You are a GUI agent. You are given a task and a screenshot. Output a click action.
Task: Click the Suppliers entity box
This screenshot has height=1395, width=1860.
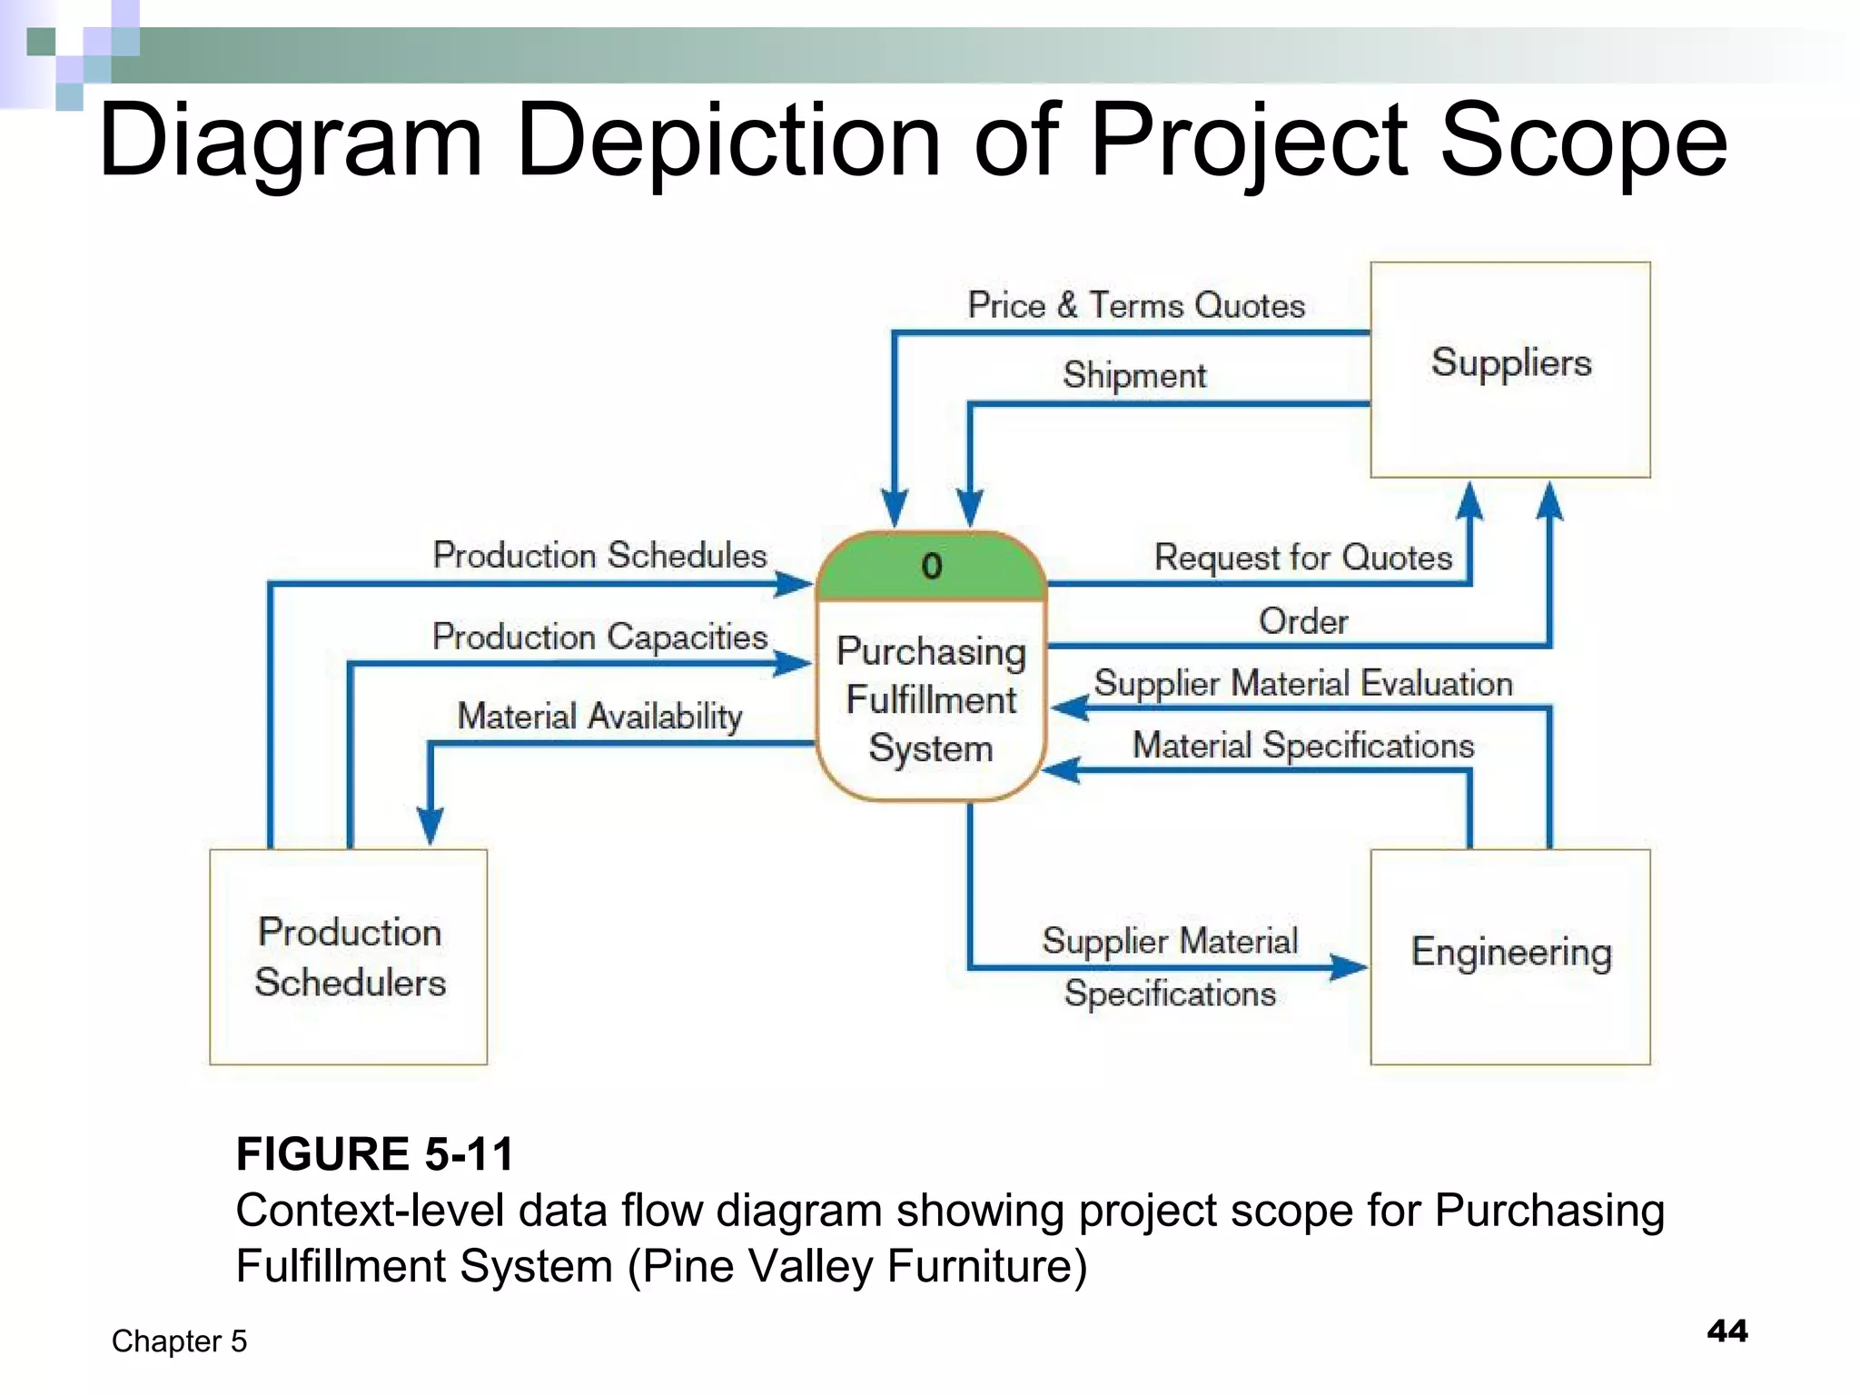click(1509, 369)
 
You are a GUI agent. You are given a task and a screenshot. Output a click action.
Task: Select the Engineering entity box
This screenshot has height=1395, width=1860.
click(1509, 955)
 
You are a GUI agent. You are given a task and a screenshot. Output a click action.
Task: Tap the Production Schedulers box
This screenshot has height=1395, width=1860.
click(349, 956)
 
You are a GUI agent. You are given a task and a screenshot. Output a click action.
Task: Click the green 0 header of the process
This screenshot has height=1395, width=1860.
click(932, 567)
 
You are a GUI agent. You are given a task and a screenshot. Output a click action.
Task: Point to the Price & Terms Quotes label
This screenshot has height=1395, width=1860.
click(1135, 305)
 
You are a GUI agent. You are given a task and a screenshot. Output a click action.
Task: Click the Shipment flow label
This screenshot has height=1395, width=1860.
click(1134, 375)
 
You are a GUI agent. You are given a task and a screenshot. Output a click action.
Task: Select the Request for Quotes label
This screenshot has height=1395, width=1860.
click(1302, 557)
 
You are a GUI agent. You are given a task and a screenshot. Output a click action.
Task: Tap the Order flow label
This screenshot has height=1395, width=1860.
click(1303, 621)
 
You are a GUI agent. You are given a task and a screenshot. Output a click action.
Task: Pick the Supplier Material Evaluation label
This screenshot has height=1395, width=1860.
click(1302, 683)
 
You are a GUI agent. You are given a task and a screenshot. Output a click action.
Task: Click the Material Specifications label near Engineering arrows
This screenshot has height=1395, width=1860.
click(1302, 745)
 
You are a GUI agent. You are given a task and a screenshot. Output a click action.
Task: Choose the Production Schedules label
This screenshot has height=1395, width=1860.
click(599, 555)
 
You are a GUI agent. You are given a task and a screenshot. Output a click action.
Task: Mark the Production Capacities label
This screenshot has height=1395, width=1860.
click(599, 636)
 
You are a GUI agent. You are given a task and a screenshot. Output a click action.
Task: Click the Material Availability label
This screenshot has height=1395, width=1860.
click(599, 716)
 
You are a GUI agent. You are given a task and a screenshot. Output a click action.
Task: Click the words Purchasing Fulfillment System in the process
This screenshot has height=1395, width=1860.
click(931, 699)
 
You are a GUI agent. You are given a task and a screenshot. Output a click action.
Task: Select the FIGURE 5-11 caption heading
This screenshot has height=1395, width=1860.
click(375, 1153)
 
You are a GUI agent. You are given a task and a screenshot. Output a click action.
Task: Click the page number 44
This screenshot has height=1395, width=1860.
click(1726, 1331)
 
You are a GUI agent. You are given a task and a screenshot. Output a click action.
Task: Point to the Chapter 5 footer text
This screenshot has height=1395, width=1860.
click(179, 1341)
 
